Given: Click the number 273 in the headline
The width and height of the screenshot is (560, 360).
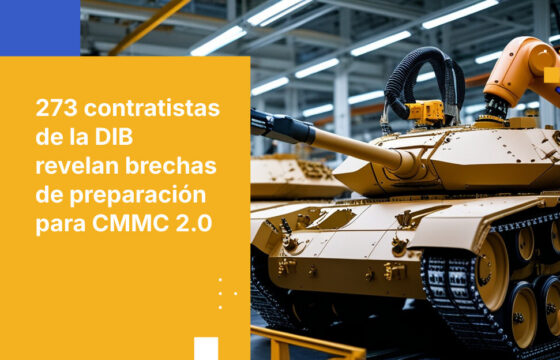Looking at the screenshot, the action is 56,109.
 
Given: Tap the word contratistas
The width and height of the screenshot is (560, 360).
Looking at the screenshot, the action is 152,109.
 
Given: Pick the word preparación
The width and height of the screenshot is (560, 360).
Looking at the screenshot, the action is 138,196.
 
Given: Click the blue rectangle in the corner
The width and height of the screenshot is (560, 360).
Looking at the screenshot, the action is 40,28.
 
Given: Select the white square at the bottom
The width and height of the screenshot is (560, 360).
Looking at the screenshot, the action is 206,348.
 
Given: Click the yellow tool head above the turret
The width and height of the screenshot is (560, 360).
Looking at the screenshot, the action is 426,112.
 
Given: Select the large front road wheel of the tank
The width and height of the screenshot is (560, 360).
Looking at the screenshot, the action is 491,270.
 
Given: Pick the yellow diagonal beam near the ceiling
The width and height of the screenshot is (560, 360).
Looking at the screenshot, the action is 149,27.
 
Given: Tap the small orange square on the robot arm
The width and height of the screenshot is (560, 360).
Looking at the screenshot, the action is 552,75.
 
